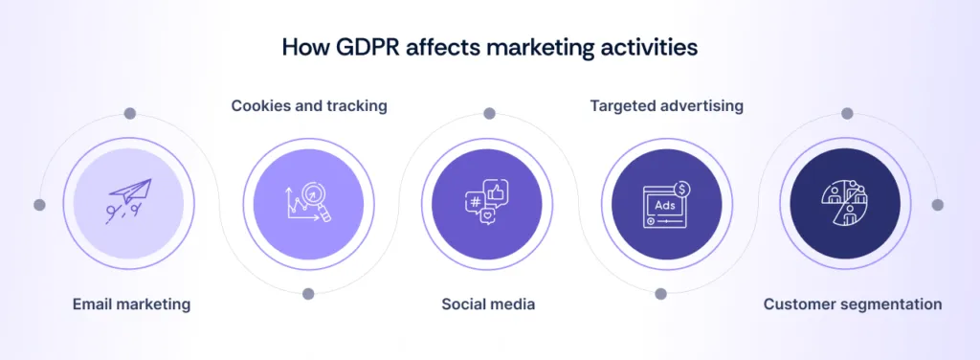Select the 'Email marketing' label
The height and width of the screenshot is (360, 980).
(x=131, y=304)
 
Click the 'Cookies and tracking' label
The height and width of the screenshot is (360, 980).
(x=309, y=105)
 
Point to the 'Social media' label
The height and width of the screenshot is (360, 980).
(x=488, y=304)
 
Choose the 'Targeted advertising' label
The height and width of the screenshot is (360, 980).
(x=666, y=105)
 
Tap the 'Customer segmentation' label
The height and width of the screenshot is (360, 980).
(x=852, y=304)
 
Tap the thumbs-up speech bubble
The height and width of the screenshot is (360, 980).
(x=498, y=192)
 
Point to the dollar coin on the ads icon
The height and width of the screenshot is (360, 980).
(x=682, y=189)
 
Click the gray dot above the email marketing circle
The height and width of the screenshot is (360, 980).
(x=130, y=113)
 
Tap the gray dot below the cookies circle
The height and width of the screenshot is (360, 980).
(x=308, y=294)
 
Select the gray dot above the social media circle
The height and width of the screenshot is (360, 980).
(x=489, y=113)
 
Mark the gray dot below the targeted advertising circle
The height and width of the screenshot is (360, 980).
(x=660, y=294)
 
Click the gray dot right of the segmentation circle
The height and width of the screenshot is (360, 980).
(x=938, y=204)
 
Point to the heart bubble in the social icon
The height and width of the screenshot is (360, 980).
(x=489, y=218)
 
